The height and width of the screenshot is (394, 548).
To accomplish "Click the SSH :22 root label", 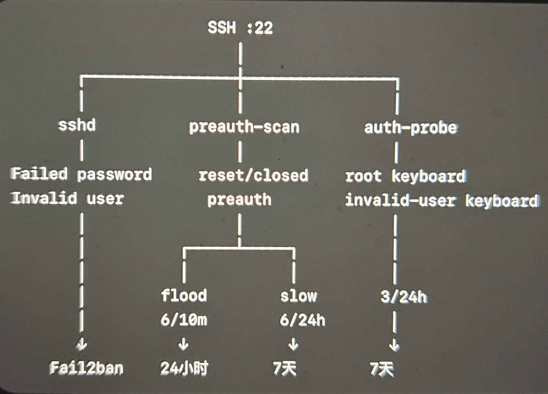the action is pyautogui.click(x=240, y=28).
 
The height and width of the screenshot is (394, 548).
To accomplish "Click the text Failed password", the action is pyautogui.click(x=81, y=174).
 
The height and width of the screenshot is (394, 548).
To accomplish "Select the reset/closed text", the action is pyautogui.click(x=253, y=176).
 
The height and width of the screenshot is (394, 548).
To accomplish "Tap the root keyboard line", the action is pyautogui.click(x=405, y=176).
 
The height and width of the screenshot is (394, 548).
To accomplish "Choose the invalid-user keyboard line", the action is pyautogui.click(x=442, y=200).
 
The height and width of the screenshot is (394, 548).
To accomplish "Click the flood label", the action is pyautogui.click(x=184, y=295).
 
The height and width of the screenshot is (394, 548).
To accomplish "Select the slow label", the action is pyautogui.click(x=298, y=296).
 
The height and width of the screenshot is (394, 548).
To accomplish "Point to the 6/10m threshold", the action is pyautogui.click(x=184, y=320).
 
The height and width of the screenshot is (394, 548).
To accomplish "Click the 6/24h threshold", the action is pyautogui.click(x=302, y=320).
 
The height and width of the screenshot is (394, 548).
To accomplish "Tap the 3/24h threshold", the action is pyautogui.click(x=404, y=297).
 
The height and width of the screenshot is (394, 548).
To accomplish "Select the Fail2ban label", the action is pyautogui.click(x=86, y=368).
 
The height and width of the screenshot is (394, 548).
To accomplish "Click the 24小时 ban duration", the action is pyautogui.click(x=184, y=368).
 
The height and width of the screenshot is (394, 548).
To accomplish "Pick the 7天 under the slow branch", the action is pyautogui.click(x=285, y=368).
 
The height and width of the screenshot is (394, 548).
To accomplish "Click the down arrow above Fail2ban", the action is pyautogui.click(x=82, y=344).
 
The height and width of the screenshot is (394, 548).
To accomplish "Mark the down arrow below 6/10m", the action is pyautogui.click(x=184, y=344).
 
